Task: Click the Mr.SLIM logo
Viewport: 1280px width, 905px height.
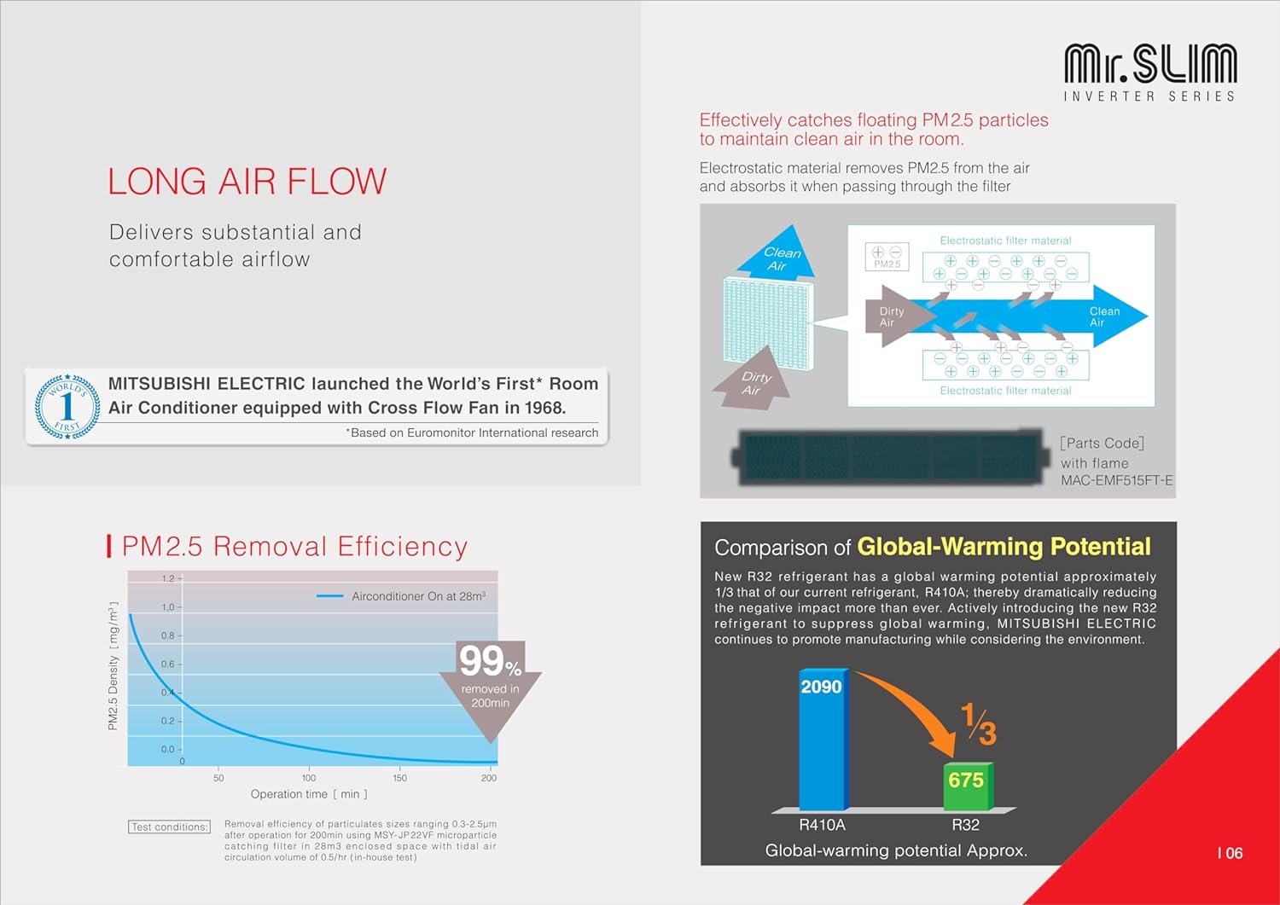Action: [x=1150, y=72]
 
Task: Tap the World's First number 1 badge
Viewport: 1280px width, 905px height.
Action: [x=67, y=406]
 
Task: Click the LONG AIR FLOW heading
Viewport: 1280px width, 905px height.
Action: [x=247, y=181]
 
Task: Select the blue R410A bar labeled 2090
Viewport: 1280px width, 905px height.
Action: [x=823, y=739]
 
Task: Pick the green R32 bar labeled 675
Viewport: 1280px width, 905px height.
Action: [x=968, y=786]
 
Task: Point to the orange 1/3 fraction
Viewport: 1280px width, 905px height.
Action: [x=979, y=724]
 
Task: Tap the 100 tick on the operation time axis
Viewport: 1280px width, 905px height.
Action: [x=309, y=778]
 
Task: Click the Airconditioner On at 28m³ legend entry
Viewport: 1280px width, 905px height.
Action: [x=401, y=596]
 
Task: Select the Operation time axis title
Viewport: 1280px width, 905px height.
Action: [x=309, y=794]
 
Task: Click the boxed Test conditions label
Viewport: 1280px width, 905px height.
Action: [x=169, y=827]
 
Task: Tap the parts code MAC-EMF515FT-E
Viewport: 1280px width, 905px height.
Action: [x=1116, y=480]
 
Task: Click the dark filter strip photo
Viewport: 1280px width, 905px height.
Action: [x=890, y=457]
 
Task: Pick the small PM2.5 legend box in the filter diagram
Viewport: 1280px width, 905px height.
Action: [x=887, y=257]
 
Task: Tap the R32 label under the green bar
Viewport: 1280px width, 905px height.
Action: [x=966, y=825]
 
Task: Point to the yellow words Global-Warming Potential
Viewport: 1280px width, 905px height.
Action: [x=1004, y=547]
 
